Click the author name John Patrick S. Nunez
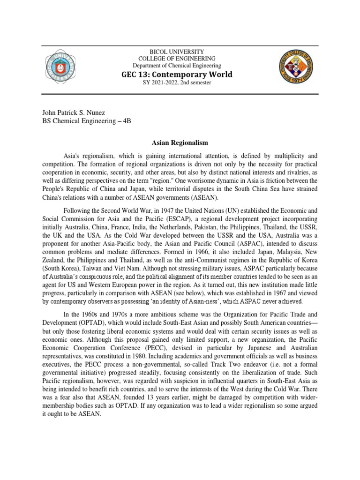(x=73, y=112)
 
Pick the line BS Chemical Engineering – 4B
(x=87, y=121)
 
